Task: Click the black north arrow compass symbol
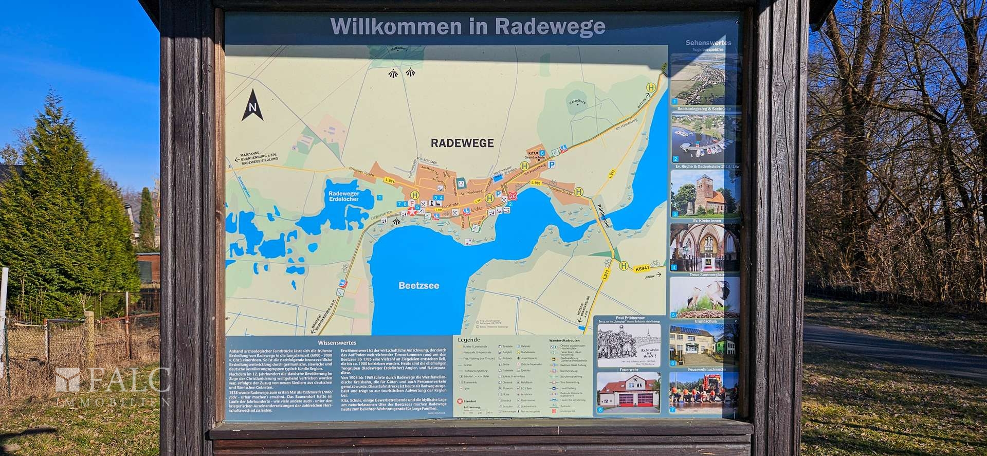pyautogui.click(x=252, y=105)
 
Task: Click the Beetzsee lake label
pyautogui.click(x=419, y=285)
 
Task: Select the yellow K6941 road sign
pyautogui.click(x=642, y=268)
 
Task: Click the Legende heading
pyautogui.click(x=469, y=340)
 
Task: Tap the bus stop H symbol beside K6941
pyautogui.click(x=624, y=266)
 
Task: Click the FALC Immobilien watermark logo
pyautogui.click(x=113, y=385)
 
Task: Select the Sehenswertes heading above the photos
pyautogui.click(x=708, y=43)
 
